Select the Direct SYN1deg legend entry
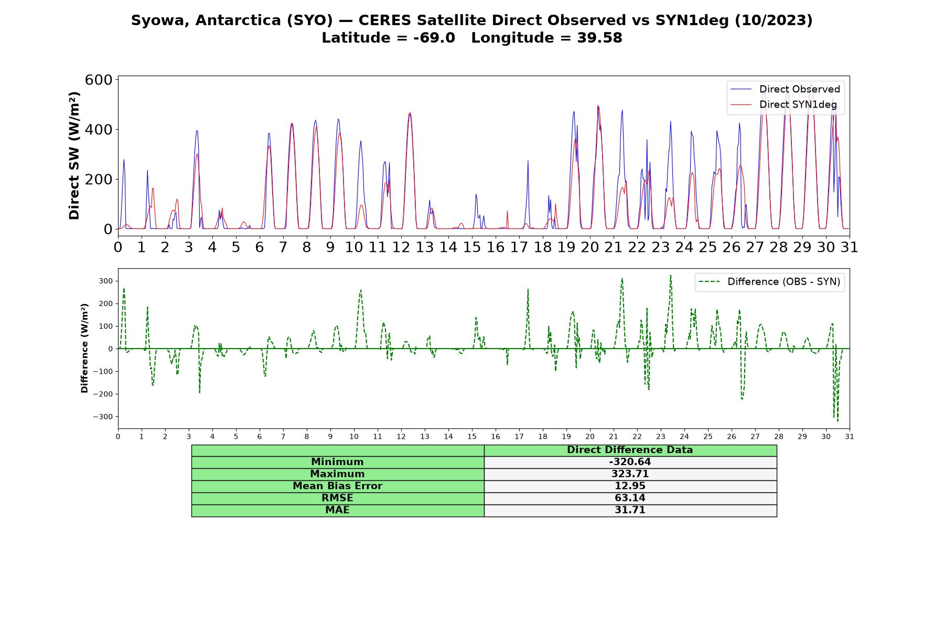pyautogui.click(x=784, y=104)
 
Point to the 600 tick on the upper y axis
pyautogui.click(x=99, y=80)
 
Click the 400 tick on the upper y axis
pyautogui.click(x=99, y=129)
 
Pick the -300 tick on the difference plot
pyautogui.click(x=103, y=417)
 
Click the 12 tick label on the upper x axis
pyautogui.click(x=401, y=247)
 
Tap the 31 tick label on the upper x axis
pyautogui.click(x=850, y=247)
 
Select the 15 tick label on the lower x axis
pyautogui.click(x=472, y=437)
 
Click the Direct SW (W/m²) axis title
pyautogui.click(x=74, y=155)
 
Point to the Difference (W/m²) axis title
pyautogui.click(x=84, y=349)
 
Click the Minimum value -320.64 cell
pyautogui.click(x=630, y=462)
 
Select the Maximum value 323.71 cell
pyautogui.click(x=630, y=474)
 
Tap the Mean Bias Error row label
pyautogui.click(x=337, y=486)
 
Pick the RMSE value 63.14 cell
pyautogui.click(x=630, y=498)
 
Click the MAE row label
pyautogui.click(x=337, y=510)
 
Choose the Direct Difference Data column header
pyautogui.click(x=630, y=450)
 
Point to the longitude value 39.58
pyautogui.click(x=599, y=38)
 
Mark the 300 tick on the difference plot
pyautogui.click(x=105, y=281)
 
